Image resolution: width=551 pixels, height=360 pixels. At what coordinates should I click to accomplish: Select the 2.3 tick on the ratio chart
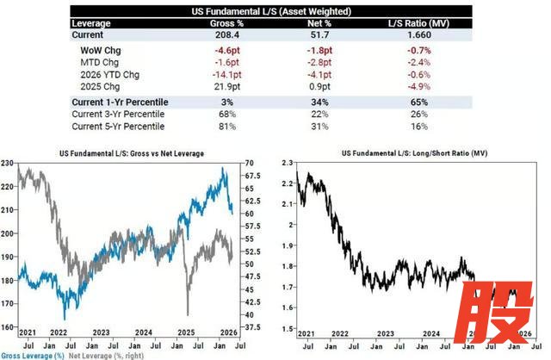click(x=285, y=163)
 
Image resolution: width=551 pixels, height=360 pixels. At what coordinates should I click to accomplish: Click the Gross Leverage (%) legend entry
click(x=33, y=354)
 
